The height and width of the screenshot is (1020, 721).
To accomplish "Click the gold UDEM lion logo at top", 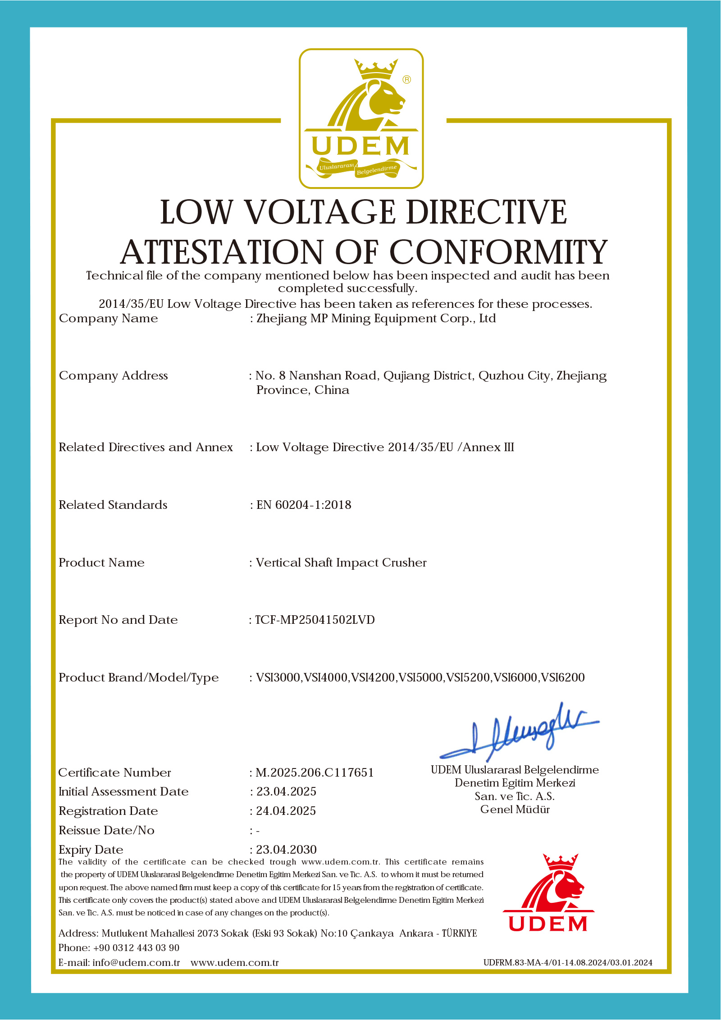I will pyautogui.click(x=361, y=118).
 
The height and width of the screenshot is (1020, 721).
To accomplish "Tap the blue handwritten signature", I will pyautogui.click(x=518, y=733).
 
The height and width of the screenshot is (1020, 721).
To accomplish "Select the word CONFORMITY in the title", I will pyautogui.click(x=498, y=252).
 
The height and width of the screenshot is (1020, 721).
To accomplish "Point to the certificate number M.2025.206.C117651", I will pyautogui.click(x=315, y=773).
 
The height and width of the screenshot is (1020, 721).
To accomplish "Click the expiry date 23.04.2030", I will pyautogui.click(x=286, y=850).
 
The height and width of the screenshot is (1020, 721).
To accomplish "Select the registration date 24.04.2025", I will pyautogui.click(x=286, y=811).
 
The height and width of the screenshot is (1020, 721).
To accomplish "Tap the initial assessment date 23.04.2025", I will pyautogui.click(x=286, y=791).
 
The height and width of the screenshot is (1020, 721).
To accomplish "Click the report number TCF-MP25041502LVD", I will pyautogui.click(x=315, y=620).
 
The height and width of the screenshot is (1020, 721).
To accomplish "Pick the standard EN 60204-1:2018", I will pyautogui.click(x=304, y=505).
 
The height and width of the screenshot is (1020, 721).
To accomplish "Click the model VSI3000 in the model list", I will pyautogui.click(x=278, y=677).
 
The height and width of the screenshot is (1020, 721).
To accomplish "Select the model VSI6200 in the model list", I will pyautogui.click(x=563, y=677).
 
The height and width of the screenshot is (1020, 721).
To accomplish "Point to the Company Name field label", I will pyautogui.click(x=108, y=318).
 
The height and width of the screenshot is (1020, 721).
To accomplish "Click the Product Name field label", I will pyautogui.click(x=101, y=563).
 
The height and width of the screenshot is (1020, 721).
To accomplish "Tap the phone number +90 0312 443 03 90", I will pyautogui.click(x=136, y=948).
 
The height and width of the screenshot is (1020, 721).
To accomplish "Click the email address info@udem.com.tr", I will pyautogui.click(x=136, y=963).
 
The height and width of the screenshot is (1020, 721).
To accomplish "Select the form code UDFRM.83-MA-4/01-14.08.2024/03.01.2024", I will pyautogui.click(x=568, y=963).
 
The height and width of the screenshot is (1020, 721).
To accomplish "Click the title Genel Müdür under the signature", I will pyautogui.click(x=515, y=810).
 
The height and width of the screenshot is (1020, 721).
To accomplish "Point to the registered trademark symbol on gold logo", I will pyautogui.click(x=406, y=80).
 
